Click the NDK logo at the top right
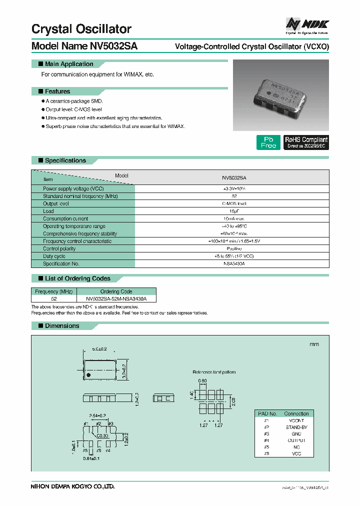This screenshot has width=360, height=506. [x=306, y=25]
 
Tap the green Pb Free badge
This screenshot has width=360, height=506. [x=268, y=142]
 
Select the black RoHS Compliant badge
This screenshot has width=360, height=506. [x=306, y=142]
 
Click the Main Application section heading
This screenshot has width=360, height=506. [x=68, y=64]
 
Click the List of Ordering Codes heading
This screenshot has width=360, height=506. [x=77, y=278]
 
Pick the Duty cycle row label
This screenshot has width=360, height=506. [x=54, y=256]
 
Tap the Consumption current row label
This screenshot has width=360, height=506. [x=65, y=218]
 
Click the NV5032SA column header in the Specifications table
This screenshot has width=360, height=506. [x=233, y=177]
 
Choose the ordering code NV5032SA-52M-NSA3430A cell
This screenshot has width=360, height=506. [x=116, y=298]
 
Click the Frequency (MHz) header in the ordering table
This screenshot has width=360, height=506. [x=54, y=291]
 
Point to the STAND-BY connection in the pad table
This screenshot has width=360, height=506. [x=296, y=427]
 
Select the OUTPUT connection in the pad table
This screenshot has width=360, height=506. [x=296, y=440]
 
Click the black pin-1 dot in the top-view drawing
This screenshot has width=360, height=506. [x=88, y=374]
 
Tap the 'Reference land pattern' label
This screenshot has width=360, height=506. [x=214, y=372]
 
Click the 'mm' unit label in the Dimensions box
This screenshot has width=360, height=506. [x=314, y=344]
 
